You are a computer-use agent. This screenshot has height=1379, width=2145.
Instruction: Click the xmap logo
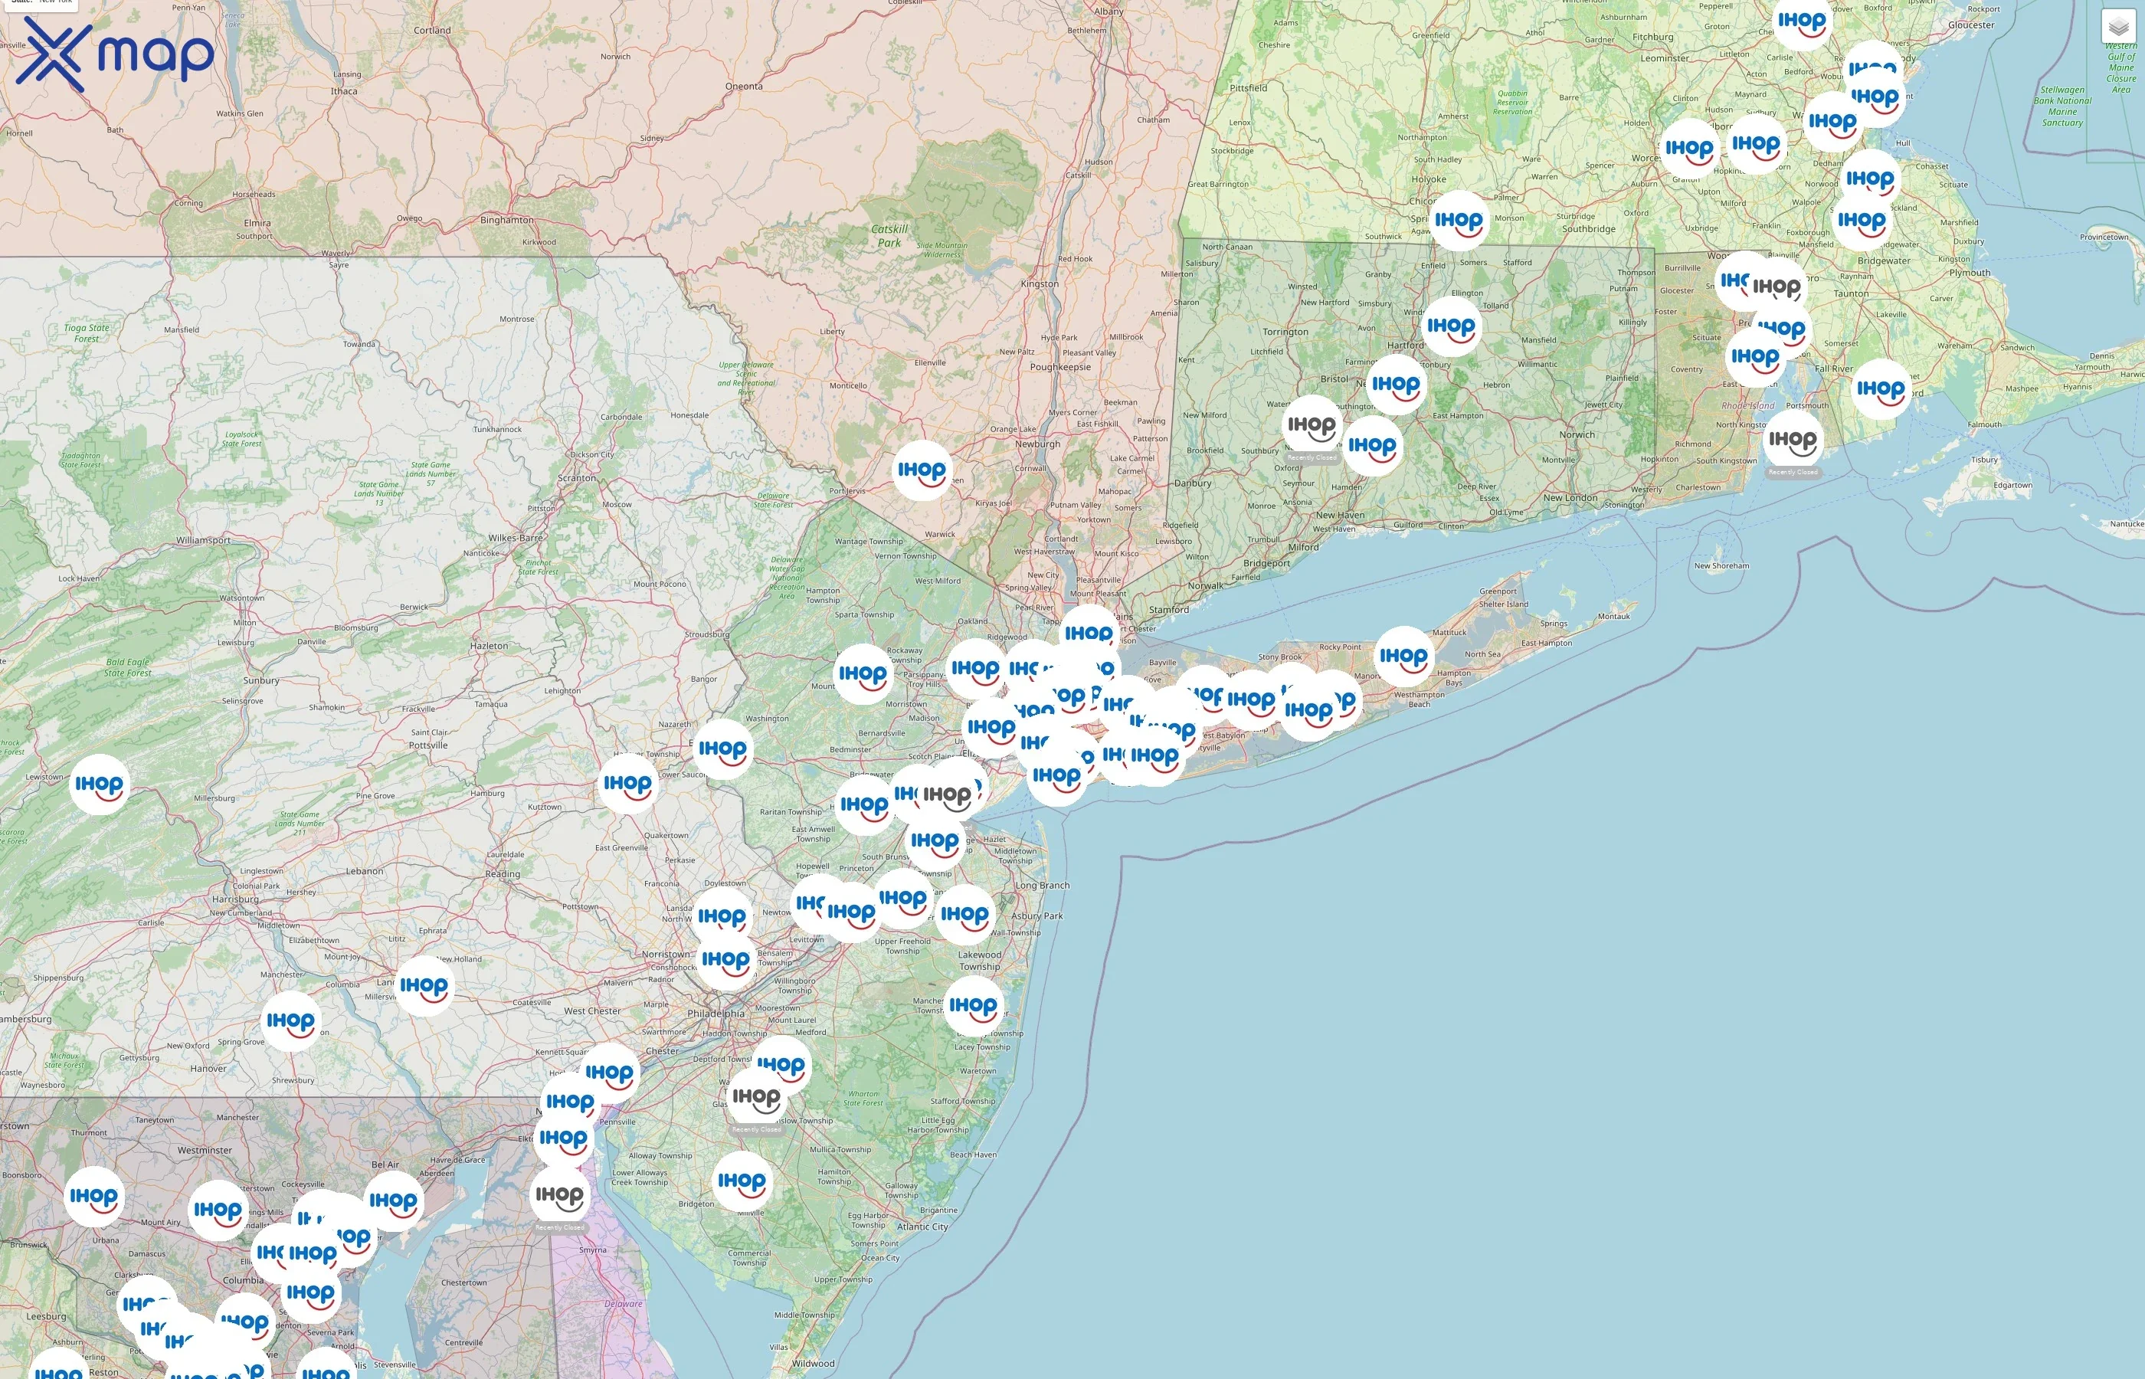[x=115, y=54]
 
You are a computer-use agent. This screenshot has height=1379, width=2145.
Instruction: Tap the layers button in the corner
[x=2118, y=27]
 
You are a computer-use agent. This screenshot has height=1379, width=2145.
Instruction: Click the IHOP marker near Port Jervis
[x=922, y=470]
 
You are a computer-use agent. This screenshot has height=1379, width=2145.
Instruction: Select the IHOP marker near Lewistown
[x=99, y=785]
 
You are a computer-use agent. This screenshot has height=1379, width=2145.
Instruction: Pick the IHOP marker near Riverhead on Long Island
[x=1403, y=657]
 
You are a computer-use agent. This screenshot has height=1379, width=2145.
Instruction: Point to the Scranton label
[x=577, y=478]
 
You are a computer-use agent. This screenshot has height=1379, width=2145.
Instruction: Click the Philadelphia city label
[x=716, y=1014]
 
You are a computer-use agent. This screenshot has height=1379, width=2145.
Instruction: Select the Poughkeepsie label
[x=1060, y=367]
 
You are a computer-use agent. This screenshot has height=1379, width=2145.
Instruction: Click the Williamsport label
[x=203, y=540]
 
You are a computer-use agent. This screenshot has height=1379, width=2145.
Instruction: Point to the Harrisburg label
[x=234, y=899]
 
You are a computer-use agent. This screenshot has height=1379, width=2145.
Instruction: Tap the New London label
[x=1570, y=498]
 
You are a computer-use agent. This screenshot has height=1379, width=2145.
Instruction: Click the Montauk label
[x=1613, y=616]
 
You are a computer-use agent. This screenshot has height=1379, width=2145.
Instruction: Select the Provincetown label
[x=2104, y=237]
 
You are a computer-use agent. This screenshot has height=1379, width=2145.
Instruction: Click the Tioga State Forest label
[x=87, y=333]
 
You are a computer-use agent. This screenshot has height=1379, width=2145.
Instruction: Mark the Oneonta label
[x=744, y=87]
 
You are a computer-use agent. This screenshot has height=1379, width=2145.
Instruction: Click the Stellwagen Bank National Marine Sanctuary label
[x=2061, y=106]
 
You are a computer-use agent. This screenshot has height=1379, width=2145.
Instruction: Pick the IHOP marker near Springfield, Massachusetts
[x=1459, y=221]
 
